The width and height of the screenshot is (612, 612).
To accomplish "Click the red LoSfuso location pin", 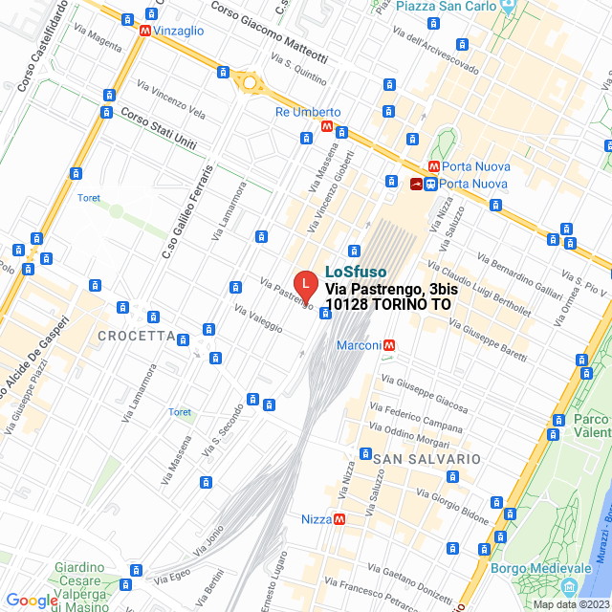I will [304, 285].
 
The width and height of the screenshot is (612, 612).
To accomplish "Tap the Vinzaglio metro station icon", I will [144, 31].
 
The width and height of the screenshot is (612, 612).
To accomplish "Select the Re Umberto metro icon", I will [327, 126].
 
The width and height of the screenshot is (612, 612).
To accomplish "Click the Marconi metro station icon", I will [389, 345].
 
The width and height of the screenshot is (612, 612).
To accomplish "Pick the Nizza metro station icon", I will [339, 519].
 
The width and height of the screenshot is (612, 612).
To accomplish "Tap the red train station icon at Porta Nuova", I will [416, 184].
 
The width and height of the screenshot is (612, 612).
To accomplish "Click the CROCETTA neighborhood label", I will [137, 337].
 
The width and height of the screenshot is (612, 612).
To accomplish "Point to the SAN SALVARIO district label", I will [426, 459].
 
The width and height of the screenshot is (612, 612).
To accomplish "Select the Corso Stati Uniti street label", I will [158, 127].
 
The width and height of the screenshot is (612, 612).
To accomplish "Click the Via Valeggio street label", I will [258, 319].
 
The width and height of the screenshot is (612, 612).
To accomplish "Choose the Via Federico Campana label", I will [422, 413].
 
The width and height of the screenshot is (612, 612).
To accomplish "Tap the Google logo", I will [32, 600].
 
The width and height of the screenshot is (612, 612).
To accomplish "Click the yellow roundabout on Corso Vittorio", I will [250, 82].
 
